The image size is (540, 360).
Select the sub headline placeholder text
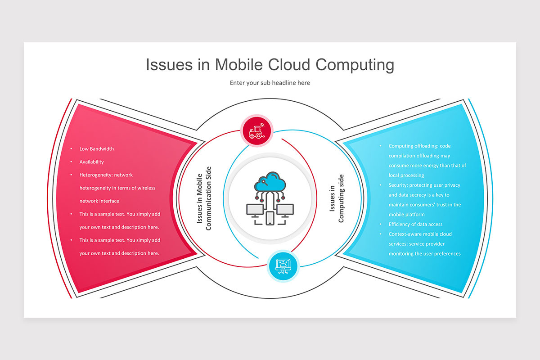pyautogui.click(x=270, y=83)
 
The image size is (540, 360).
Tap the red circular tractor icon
pyautogui.click(x=257, y=130)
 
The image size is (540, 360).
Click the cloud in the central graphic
pyautogui.click(x=270, y=182)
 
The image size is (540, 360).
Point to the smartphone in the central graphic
pyautogui.click(x=270, y=218)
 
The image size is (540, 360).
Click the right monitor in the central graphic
pyautogui.click(x=284, y=210)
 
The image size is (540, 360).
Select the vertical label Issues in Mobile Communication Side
pyautogui.click(x=204, y=198)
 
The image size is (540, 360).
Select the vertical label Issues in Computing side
pyautogui.click(x=337, y=198)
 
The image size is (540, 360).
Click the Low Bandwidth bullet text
pyautogui.click(x=97, y=149)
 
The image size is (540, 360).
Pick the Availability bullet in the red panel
pyautogui.click(x=91, y=162)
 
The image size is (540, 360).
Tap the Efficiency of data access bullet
pyautogui.click(x=415, y=224)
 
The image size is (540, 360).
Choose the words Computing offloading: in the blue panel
pyautogui.click(x=413, y=146)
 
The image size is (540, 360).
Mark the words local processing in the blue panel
pyautogui.click(x=406, y=175)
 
